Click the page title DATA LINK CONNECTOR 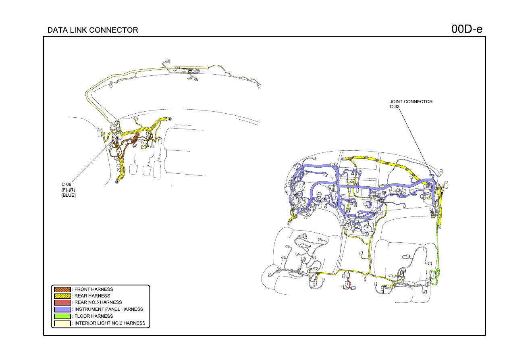pos(93,30)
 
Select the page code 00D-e pos(467,29)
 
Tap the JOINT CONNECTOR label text pos(411,102)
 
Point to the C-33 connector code pos(395,106)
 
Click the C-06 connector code pos(66,184)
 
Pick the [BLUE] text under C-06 pos(69,195)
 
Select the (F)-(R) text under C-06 pos(68,190)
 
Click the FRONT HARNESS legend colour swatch pos(62,289)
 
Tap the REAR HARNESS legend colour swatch pos(62,296)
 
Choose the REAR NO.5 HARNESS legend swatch pos(62,302)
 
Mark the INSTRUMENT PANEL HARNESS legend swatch pos(62,309)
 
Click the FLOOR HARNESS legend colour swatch pos(62,316)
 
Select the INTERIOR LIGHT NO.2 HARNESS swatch pos(62,323)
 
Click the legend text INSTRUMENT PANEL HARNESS pos(109,309)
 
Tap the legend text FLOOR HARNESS pos(93,316)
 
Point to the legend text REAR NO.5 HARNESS pos(98,302)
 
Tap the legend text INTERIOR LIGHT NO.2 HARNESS pos(110,323)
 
